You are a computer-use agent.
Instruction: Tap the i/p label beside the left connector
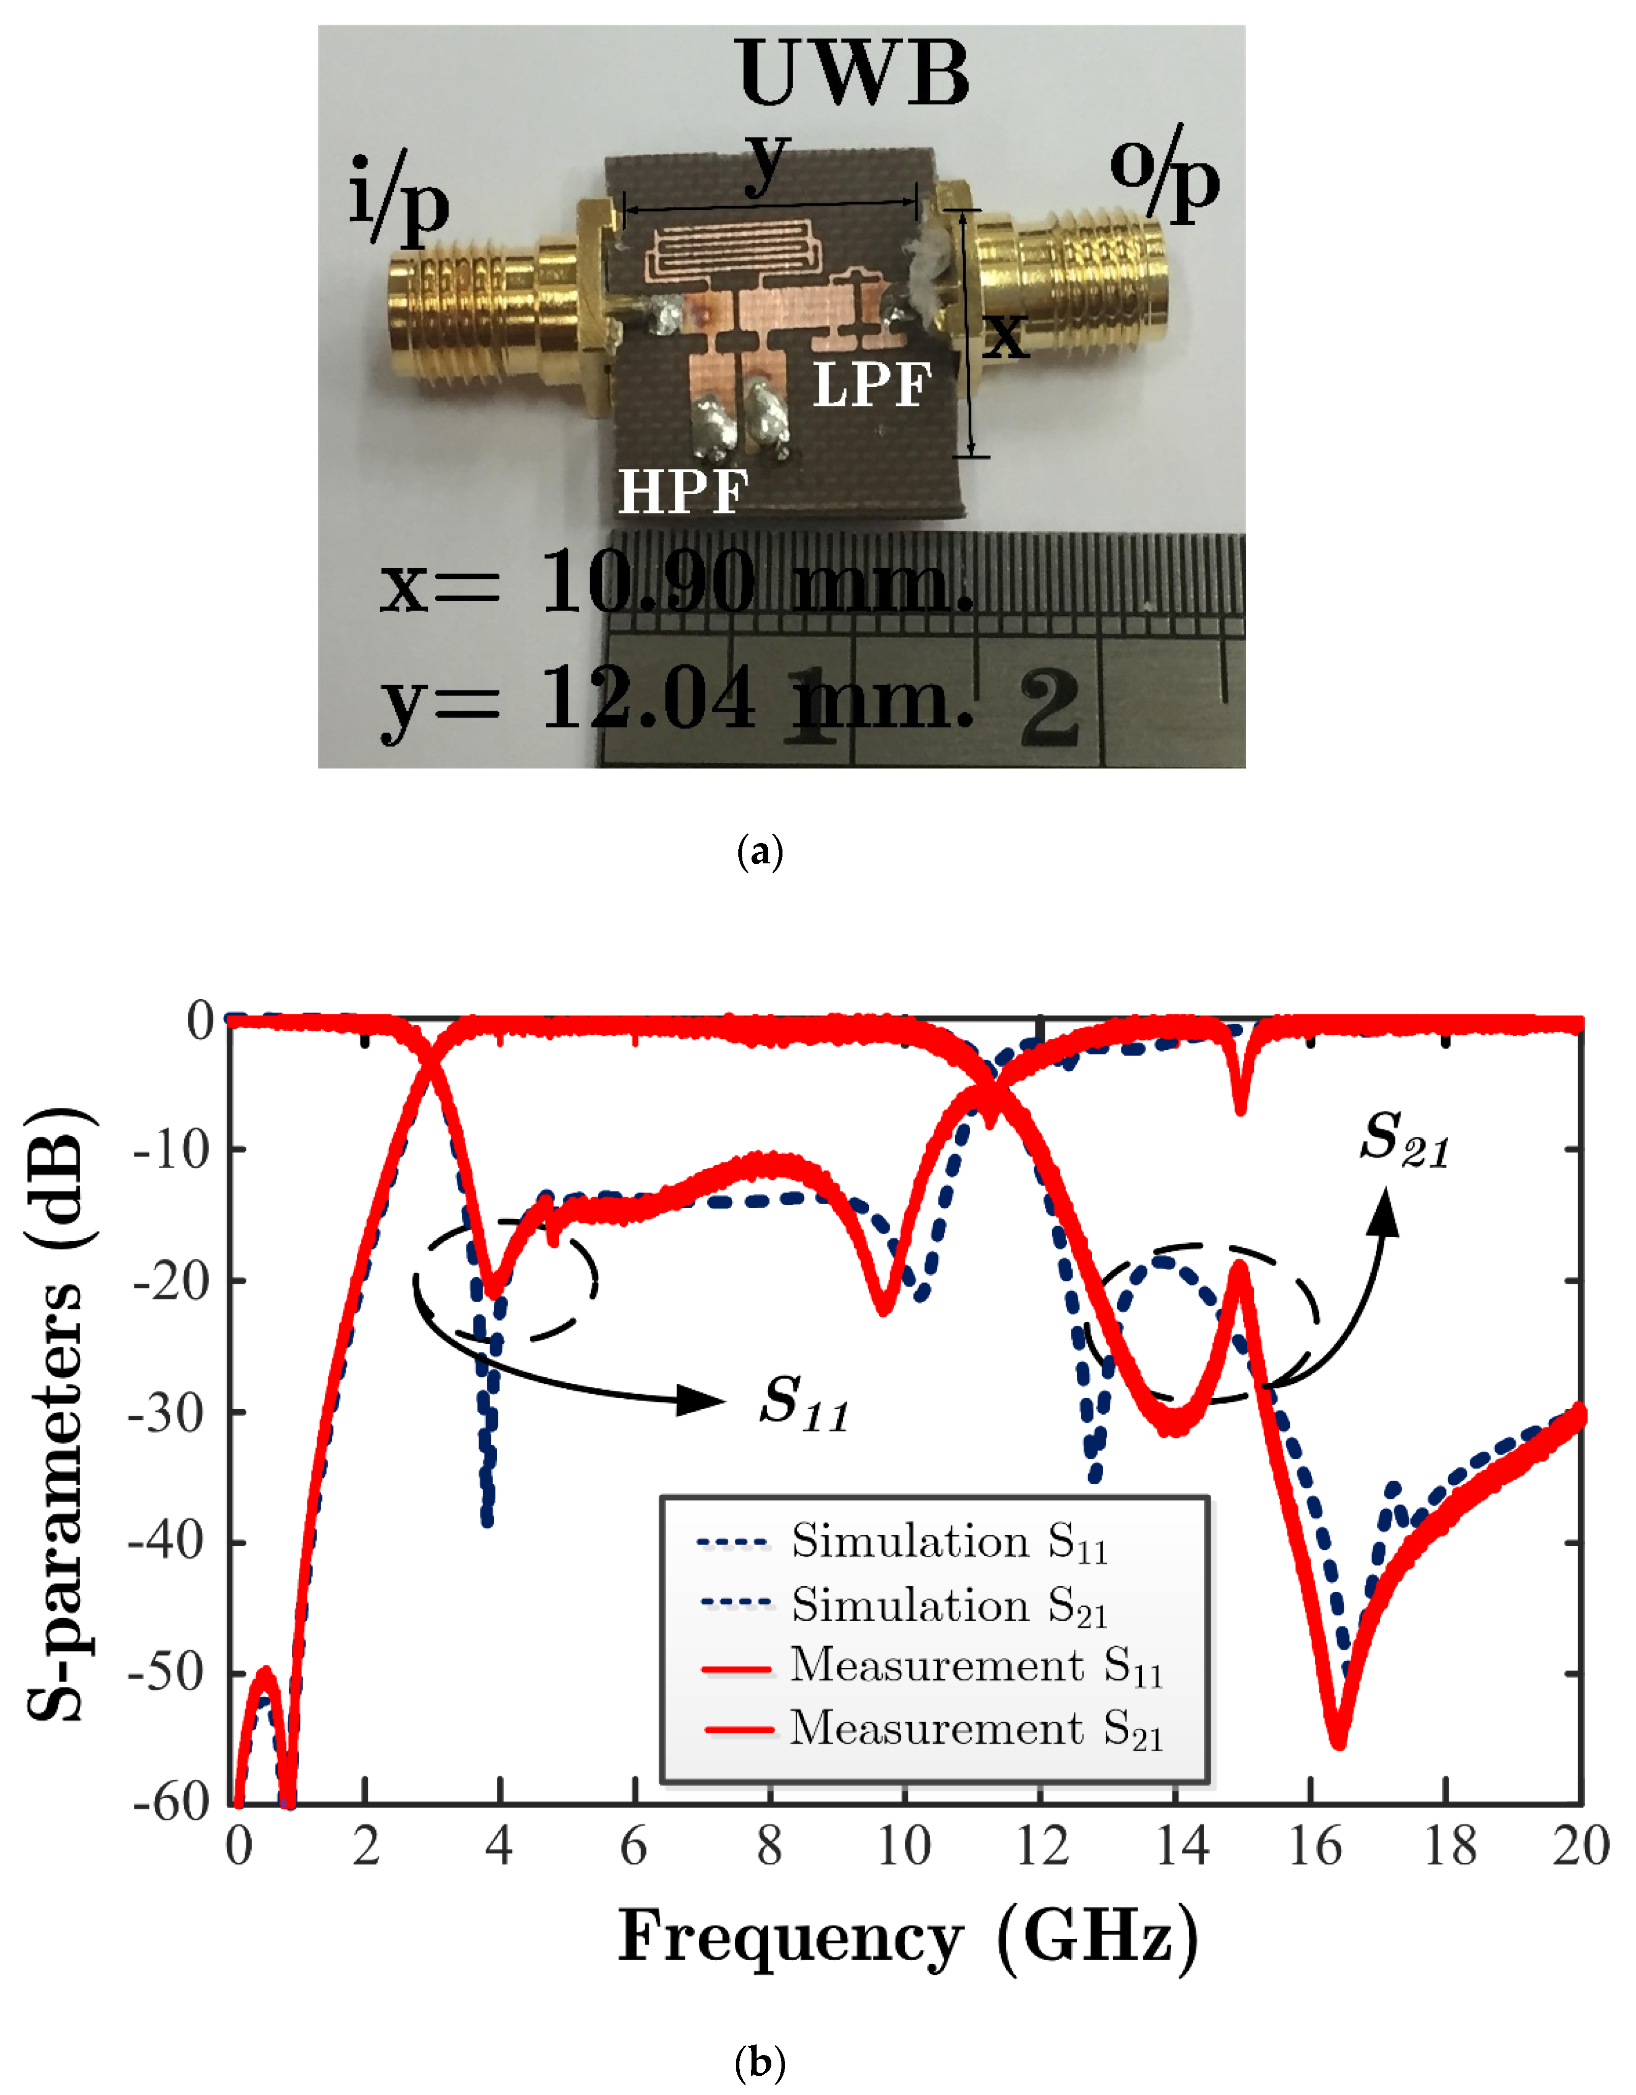tap(398, 199)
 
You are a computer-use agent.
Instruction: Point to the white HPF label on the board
tap(682, 492)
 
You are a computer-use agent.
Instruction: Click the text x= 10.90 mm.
tap(676, 582)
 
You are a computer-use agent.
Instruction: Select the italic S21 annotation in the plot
tap(1404, 1140)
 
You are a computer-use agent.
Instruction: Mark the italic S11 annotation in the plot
tap(804, 1404)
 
